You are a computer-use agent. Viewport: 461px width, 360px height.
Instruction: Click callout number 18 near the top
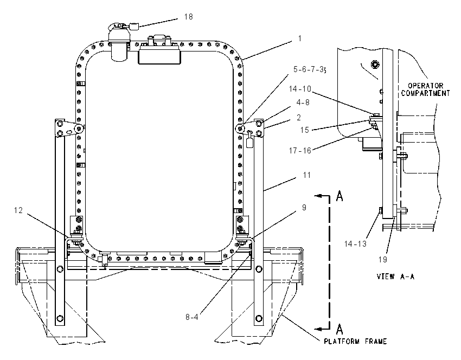188,17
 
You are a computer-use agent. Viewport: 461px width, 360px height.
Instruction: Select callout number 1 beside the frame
299,38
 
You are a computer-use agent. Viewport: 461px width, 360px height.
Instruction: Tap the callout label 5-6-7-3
310,69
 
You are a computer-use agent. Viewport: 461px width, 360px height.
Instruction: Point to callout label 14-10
300,89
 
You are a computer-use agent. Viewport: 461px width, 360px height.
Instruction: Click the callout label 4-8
303,102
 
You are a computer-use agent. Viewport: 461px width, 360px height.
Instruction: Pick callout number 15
305,130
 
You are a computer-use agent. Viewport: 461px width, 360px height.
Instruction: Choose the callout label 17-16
300,151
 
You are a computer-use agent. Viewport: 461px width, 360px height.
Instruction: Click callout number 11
306,175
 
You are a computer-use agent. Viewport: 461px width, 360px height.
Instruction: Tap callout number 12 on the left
18,210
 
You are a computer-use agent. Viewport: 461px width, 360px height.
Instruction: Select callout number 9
304,208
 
